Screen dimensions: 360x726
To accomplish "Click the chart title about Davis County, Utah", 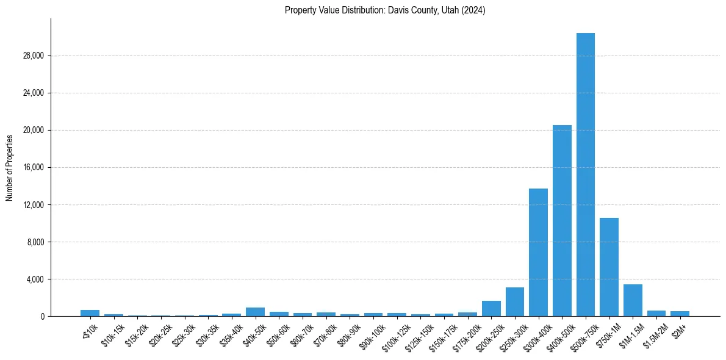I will (385, 10).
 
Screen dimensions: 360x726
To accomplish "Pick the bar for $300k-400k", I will (538, 253).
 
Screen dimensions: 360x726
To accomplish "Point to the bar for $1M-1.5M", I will (633, 300).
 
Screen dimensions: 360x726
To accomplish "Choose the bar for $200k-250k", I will (491, 309).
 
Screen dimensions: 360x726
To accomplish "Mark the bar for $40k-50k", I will (255, 312).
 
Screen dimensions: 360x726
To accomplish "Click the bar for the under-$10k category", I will (90, 313).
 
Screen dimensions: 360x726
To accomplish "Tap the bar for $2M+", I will (680, 314).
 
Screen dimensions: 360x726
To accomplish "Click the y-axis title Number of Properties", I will (10, 167).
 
